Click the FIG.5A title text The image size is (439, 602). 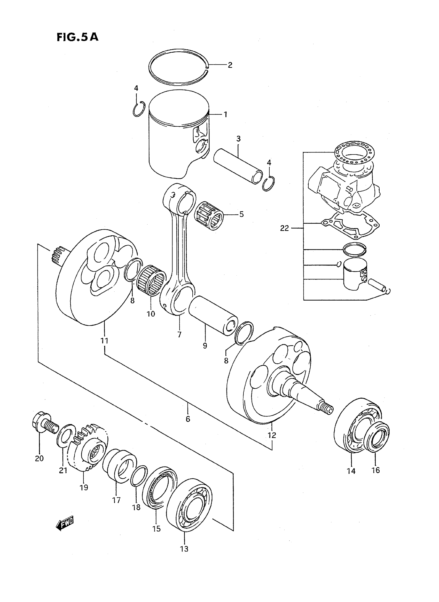(77, 37)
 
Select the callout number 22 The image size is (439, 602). (284, 228)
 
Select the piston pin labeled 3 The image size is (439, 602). (238, 170)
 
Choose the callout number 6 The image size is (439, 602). (188, 419)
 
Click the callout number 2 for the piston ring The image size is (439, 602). (230, 65)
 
